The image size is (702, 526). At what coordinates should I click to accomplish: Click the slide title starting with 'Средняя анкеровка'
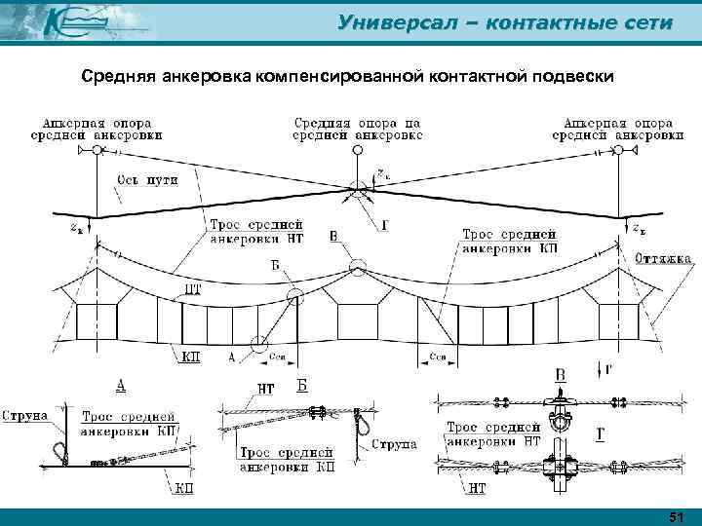(x=347, y=77)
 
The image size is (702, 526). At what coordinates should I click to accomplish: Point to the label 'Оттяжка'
(x=662, y=260)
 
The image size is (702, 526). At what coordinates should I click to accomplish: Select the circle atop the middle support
(x=358, y=151)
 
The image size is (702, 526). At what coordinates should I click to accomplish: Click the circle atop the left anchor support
(x=97, y=151)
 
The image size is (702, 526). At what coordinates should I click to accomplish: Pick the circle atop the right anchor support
(x=617, y=151)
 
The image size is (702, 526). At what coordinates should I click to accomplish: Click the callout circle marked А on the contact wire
(x=258, y=343)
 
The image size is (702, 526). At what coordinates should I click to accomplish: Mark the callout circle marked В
(x=357, y=264)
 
